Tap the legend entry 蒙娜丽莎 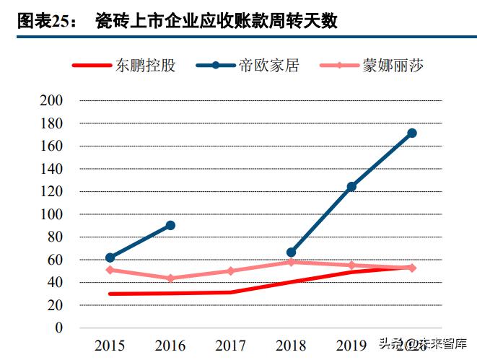click(392, 66)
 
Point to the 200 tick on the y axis click(52, 100)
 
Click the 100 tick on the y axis click(52, 214)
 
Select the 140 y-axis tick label click(52, 169)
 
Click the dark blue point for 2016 click(170, 225)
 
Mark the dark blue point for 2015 click(110, 258)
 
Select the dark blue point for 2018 click(291, 253)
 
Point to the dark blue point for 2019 click(351, 187)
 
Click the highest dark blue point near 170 click(412, 133)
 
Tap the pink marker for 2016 click(170, 278)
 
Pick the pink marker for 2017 click(231, 271)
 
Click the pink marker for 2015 click(110, 270)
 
